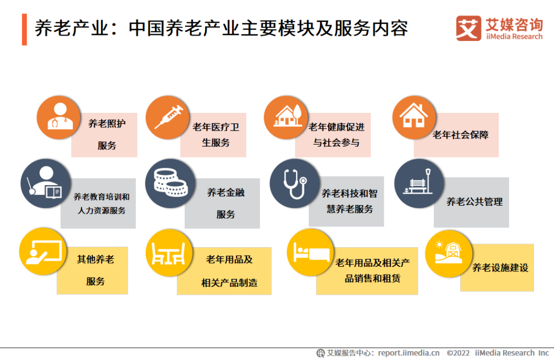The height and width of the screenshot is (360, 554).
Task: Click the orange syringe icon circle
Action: (x=167, y=117)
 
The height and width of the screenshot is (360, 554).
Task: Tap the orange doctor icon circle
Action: (x=58, y=117)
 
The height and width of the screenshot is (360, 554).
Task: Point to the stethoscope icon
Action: (x=295, y=184)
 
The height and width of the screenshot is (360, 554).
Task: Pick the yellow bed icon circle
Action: (x=310, y=252)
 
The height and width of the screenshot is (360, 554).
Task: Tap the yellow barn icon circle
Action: (x=449, y=253)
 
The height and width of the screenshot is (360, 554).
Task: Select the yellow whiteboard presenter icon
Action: (x=43, y=251)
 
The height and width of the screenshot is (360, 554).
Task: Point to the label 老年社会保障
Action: (x=460, y=135)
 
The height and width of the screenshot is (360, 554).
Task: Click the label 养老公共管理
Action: (x=474, y=202)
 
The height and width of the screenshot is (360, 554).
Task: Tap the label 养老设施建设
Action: (x=500, y=268)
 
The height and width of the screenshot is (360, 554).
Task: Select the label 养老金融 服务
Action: (x=226, y=204)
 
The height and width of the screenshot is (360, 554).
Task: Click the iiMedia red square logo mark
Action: (x=468, y=28)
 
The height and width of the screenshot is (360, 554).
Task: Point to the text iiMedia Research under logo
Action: (x=514, y=37)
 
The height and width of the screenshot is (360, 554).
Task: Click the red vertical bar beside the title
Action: (x=25, y=30)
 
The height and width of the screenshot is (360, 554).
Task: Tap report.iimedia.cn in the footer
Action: (x=409, y=353)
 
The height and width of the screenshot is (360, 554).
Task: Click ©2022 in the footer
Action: (x=458, y=353)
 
